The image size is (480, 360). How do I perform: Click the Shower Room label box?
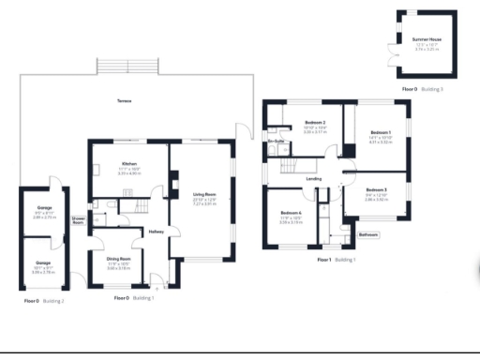[79, 221]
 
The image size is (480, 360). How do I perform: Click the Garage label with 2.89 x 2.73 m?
[44, 207]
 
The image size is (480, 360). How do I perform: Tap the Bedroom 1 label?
[380, 133]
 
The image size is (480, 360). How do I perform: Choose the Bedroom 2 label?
[314, 124]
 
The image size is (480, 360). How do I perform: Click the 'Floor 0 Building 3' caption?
[422, 88]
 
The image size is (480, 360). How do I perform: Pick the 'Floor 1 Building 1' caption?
[337, 259]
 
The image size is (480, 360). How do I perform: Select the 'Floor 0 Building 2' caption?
[44, 301]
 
